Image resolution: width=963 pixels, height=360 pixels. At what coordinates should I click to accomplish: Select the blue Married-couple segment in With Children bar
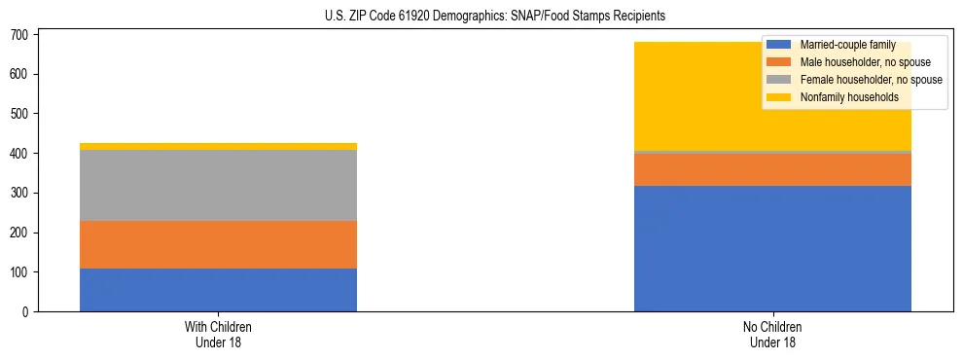218,290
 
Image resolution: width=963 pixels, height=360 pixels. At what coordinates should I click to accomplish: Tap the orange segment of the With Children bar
218,244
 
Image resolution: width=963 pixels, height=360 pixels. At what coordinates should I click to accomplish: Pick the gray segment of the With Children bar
218,186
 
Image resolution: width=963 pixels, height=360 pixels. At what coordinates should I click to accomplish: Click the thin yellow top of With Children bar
218,146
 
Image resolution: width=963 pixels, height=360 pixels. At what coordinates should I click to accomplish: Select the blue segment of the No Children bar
772,248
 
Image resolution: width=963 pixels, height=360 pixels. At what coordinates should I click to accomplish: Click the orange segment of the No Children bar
772,169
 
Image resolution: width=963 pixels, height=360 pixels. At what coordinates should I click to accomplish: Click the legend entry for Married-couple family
846,45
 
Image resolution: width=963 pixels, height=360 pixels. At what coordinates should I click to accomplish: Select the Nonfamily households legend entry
848,97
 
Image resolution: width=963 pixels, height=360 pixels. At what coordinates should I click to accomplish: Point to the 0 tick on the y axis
27,312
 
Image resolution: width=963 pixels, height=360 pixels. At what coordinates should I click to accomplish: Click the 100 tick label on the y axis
20,272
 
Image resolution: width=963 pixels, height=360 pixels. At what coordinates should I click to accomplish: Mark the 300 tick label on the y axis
20,193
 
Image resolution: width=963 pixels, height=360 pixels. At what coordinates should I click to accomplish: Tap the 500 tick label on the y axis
20,114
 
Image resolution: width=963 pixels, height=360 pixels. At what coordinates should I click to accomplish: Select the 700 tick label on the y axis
20,35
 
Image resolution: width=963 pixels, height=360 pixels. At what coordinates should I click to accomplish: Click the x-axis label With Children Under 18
218,335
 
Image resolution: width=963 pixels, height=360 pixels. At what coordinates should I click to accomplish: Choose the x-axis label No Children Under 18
772,335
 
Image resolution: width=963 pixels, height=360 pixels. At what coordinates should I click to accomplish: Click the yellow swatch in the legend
779,97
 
